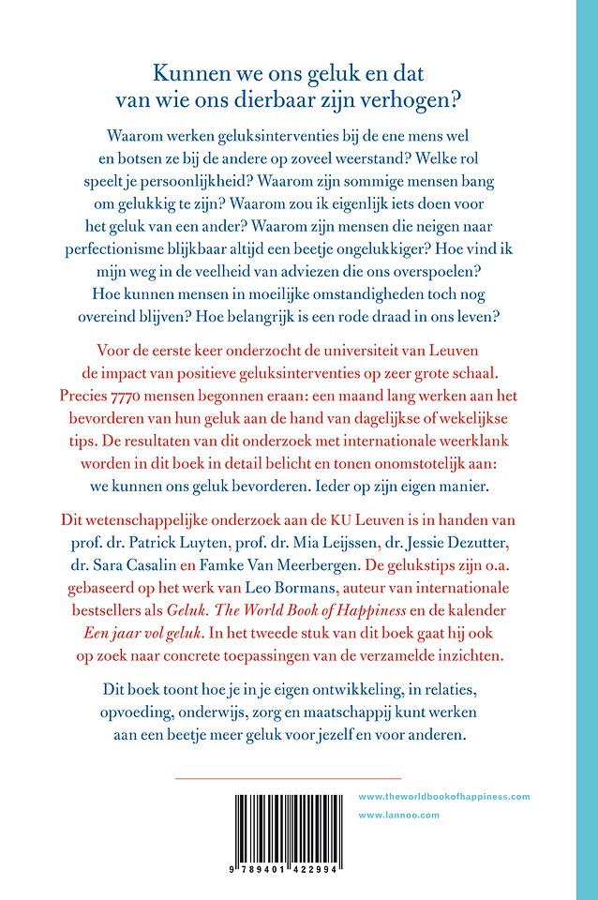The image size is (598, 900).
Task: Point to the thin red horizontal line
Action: point(289,778)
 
